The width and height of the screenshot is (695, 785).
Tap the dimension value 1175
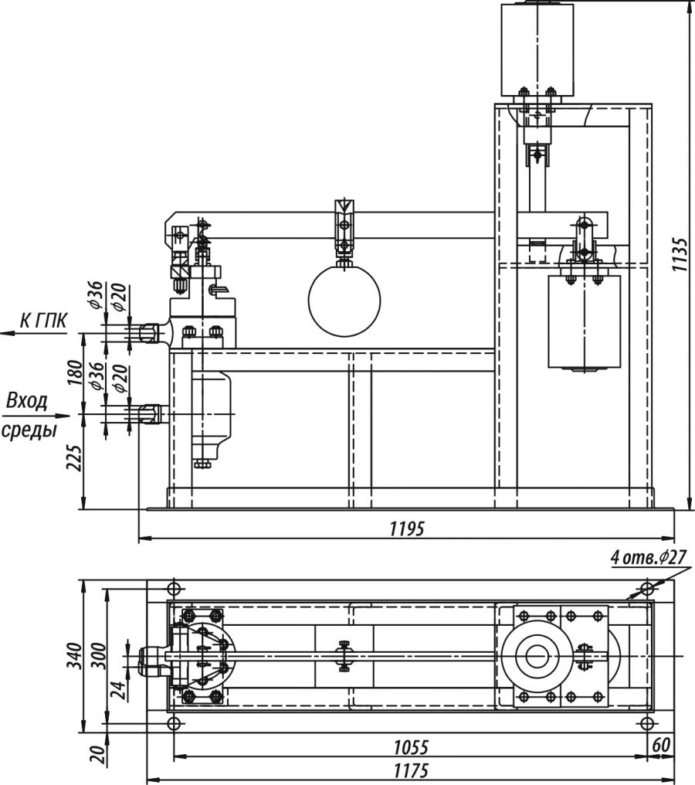click(410, 772)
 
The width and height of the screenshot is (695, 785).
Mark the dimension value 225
click(74, 462)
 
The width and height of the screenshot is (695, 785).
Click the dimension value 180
click(74, 374)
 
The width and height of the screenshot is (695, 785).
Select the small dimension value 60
click(661, 746)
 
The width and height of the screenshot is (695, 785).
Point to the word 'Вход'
click(27, 401)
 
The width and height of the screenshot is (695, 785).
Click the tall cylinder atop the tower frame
click(537, 49)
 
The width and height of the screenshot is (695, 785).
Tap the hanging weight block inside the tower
click(585, 321)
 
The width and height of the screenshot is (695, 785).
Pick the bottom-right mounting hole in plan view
click(648, 723)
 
